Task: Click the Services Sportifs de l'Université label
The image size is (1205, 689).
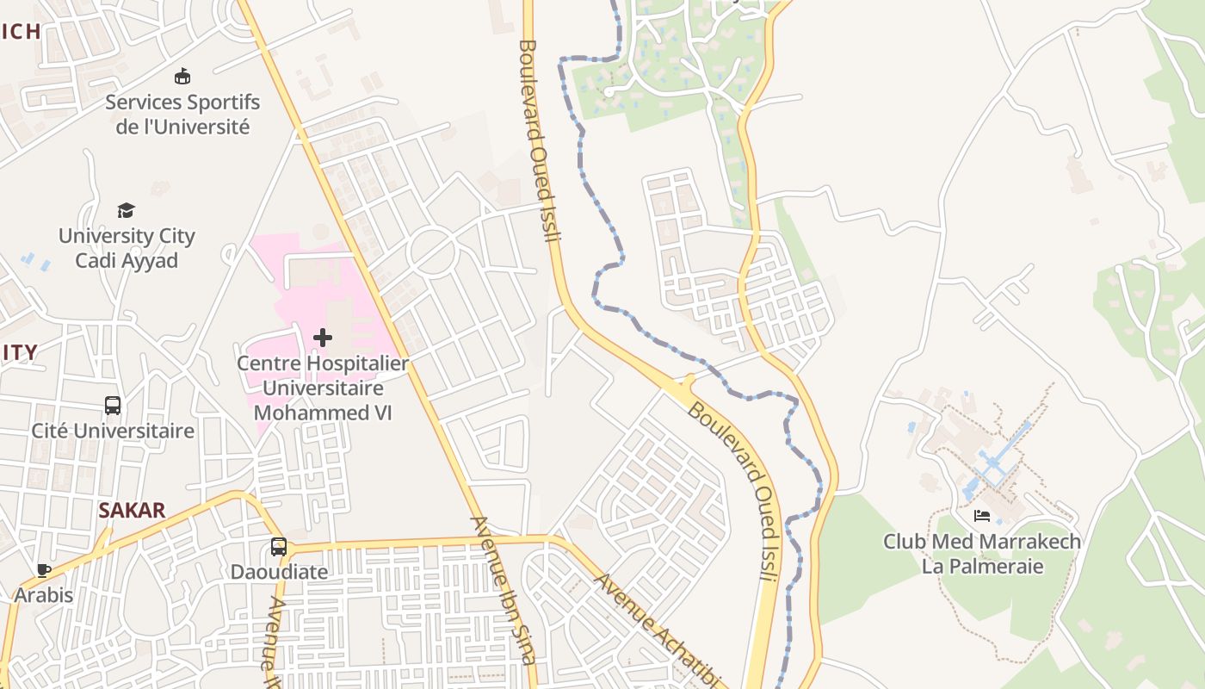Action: coord(182,115)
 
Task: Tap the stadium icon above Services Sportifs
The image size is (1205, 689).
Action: coord(182,77)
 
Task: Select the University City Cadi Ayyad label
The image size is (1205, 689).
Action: coord(127,248)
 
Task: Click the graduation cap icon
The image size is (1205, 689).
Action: coord(127,210)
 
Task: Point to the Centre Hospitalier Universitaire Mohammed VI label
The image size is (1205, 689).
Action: coord(323,388)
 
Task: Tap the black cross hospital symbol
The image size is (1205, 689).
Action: coord(323,338)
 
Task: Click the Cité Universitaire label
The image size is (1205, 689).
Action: coord(113,431)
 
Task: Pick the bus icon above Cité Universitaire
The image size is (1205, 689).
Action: coord(113,405)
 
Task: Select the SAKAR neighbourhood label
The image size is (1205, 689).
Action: coord(132,510)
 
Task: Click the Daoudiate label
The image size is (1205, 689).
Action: coord(279,572)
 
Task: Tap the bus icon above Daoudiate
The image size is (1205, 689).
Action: coord(279,546)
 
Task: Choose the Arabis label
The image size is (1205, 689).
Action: coord(44,595)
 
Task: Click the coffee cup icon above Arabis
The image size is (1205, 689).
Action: coord(44,569)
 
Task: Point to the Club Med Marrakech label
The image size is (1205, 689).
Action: coord(982,542)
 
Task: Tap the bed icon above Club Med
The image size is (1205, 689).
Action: coord(982,517)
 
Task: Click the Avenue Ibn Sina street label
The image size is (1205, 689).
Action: coord(503,590)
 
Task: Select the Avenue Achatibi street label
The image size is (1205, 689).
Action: coord(657,631)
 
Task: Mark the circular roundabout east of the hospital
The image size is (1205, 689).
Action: coord(432,251)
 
